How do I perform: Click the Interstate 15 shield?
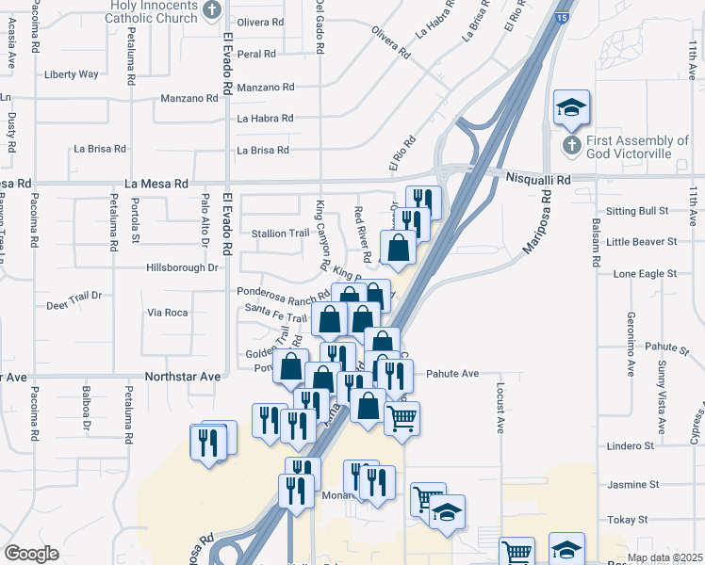coord(562,18)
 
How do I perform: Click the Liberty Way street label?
coord(71,74)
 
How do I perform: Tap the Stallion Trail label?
coord(280,234)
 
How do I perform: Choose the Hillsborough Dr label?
coord(182,267)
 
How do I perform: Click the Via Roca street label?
coord(168,312)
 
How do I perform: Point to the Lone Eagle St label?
coord(645,273)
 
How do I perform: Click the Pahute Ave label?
coord(452,374)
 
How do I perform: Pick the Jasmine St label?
coord(634,484)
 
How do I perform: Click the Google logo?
coord(32,554)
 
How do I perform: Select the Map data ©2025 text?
coord(664,557)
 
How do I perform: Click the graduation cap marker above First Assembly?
coord(571,107)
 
